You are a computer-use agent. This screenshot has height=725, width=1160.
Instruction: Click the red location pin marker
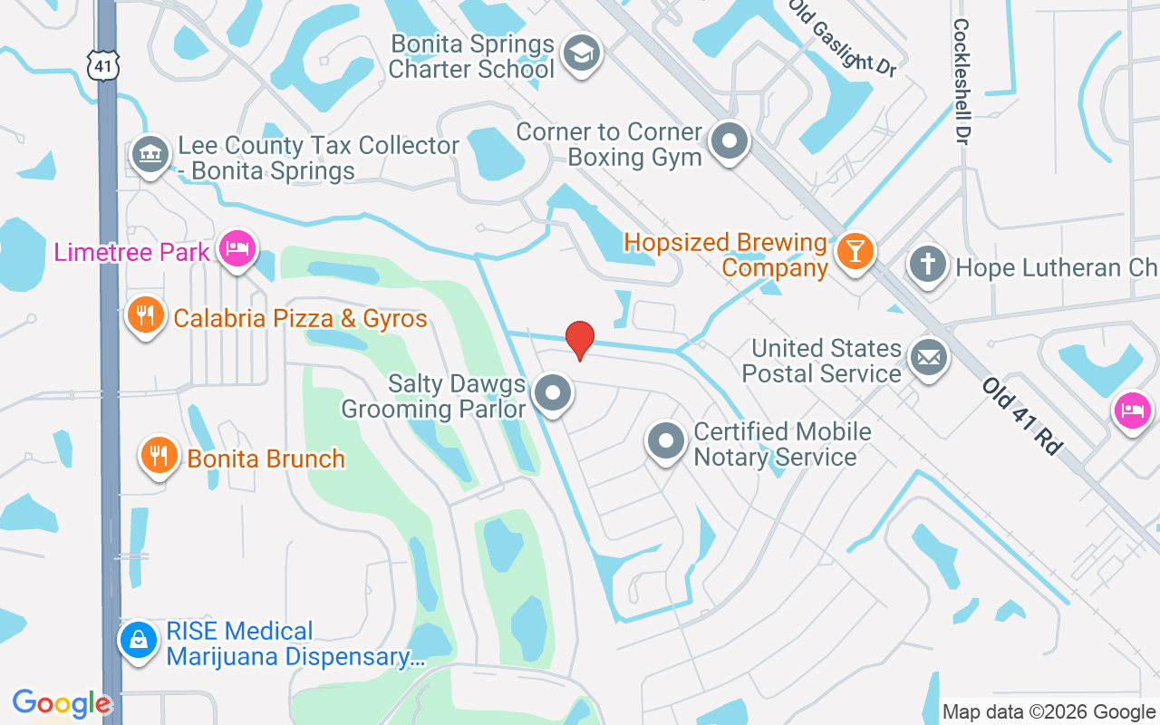(x=580, y=340)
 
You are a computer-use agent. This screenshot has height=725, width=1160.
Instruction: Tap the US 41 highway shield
(x=101, y=63)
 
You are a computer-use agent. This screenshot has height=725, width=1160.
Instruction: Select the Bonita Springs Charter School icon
(x=579, y=54)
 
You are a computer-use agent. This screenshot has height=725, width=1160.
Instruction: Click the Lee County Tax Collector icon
(x=151, y=155)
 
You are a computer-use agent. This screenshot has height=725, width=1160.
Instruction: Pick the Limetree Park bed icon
(x=238, y=248)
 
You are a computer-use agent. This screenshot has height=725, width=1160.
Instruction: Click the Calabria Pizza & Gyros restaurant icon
(x=145, y=315)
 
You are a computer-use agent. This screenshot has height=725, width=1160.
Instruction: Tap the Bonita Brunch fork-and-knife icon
(x=159, y=456)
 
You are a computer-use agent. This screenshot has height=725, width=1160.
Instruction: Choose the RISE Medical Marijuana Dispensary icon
(x=139, y=642)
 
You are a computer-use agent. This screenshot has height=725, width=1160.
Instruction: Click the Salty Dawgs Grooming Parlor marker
(x=552, y=394)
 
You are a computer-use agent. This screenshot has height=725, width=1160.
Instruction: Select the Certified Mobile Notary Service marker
(x=667, y=441)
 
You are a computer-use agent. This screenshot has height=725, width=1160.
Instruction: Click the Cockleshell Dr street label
(x=961, y=82)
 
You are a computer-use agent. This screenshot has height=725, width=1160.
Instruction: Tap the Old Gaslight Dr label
(x=842, y=36)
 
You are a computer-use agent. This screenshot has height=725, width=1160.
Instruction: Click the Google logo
(x=62, y=703)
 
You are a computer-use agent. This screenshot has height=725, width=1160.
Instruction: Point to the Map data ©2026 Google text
(x=1049, y=712)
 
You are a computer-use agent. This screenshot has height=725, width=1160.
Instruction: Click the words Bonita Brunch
(x=266, y=459)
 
